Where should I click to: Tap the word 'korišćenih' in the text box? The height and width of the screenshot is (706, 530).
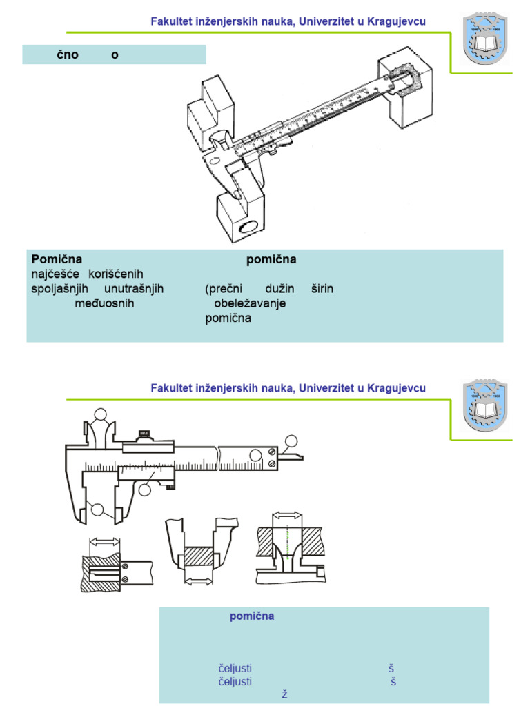pyautogui.click(x=116, y=274)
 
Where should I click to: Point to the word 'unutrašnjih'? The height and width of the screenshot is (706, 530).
pyautogui.click(x=133, y=289)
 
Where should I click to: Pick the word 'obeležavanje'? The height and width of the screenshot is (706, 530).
pyautogui.click(x=250, y=303)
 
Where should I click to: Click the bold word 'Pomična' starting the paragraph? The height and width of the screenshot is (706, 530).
pyautogui.click(x=57, y=260)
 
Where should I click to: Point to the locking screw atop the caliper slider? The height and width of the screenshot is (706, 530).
pyautogui.click(x=144, y=434)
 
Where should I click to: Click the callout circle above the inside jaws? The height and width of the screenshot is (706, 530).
pyautogui.click(x=101, y=414)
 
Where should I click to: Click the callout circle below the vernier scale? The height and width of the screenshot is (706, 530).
pyautogui.click(x=144, y=489)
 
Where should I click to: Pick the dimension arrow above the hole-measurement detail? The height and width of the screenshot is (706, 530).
pyautogui.click(x=287, y=515)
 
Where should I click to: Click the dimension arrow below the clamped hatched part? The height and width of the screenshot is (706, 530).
pyautogui.click(x=200, y=583)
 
